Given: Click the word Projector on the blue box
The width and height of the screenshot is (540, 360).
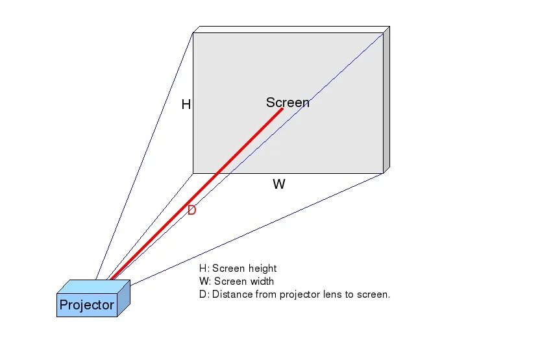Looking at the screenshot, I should [x=86, y=305].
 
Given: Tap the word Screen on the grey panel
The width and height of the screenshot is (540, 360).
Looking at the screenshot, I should [x=288, y=102].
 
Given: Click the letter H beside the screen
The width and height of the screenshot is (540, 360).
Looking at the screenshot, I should [x=186, y=104].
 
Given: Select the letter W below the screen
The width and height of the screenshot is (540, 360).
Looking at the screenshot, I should [x=279, y=184].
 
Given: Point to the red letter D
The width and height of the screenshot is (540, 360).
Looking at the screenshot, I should [x=191, y=210].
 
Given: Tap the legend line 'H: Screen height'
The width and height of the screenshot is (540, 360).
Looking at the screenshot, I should [x=238, y=269].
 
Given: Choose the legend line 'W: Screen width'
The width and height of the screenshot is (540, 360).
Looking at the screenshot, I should [x=237, y=282].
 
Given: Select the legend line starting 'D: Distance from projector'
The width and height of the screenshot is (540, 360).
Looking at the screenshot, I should [x=295, y=294].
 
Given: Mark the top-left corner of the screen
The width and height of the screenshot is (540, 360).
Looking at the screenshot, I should [x=193, y=33].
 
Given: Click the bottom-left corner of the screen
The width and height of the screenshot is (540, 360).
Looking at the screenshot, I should [x=193, y=173].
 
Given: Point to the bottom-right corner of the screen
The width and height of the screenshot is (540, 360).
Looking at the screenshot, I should [x=383, y=173].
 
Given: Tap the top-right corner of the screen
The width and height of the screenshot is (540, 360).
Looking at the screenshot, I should [x=383, y=33].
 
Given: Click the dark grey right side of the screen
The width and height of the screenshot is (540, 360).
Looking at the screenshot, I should [x=386, y=101].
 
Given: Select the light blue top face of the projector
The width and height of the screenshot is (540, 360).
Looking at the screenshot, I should [x=93, y=286].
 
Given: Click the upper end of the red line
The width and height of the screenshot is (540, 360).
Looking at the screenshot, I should [x=282, y=109].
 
